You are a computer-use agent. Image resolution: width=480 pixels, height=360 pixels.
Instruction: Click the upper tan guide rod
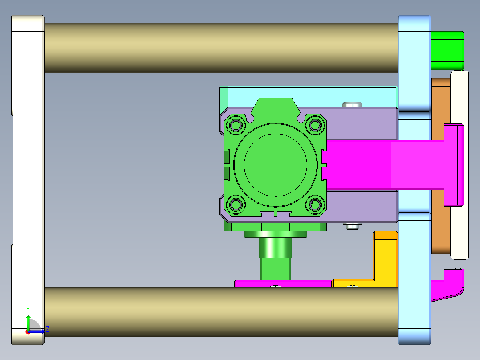(x=220, y=48)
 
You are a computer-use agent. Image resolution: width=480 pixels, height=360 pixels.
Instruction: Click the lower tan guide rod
(x=220, y=312)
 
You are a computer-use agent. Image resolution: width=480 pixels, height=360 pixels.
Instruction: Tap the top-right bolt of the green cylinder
(x=315, y=124)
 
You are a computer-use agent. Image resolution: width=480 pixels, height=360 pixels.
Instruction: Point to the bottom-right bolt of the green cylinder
(x=315, y=205)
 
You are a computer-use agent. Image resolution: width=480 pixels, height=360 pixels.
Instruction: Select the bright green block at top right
(x=447, y=50)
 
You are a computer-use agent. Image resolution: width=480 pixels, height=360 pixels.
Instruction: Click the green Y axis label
(x=28, y=309)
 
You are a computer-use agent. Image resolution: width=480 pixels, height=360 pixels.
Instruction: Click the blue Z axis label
(x=47, y=329)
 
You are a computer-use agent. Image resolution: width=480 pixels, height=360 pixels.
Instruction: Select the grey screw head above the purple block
(x=352, y=105)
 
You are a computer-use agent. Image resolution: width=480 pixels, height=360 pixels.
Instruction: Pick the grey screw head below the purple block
(x=352, y=226)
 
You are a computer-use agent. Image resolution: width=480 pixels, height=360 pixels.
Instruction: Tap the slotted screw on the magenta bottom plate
(x=276, y=287)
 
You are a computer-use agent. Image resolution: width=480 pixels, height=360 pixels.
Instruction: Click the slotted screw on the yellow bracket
(x=352, y=287)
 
